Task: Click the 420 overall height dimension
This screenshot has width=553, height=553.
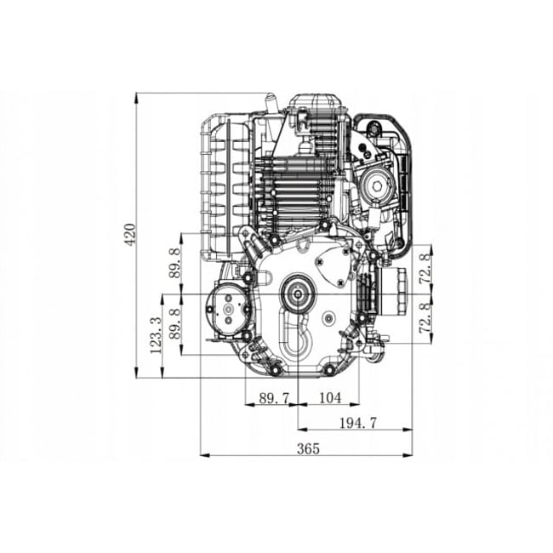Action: pos(129,234)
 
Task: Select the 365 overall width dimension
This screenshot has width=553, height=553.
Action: pos(310,448)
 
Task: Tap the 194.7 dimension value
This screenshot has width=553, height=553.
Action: pos(357,423)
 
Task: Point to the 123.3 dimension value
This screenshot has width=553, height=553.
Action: pos(155,336)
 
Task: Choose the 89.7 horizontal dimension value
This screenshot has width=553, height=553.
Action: pos(271,397)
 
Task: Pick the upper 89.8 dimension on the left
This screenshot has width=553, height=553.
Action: pos(175,263)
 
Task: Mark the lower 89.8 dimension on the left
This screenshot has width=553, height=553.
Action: pos(175,324)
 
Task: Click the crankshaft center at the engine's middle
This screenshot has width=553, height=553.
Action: pos(299,294)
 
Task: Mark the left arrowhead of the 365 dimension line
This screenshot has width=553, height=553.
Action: pos(202,455)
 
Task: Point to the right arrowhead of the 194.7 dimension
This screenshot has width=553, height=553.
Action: pos(409,430)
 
